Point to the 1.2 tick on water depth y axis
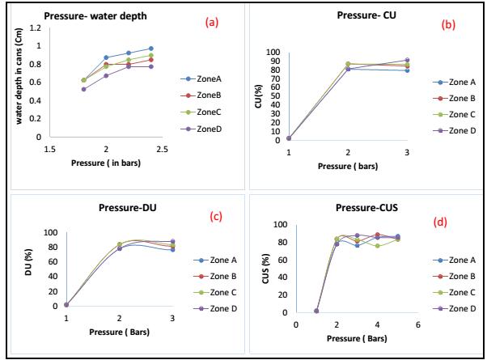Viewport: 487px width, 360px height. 34,28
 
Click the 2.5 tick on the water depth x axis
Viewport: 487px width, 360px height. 163,150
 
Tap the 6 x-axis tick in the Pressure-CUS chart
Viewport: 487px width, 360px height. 417,324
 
